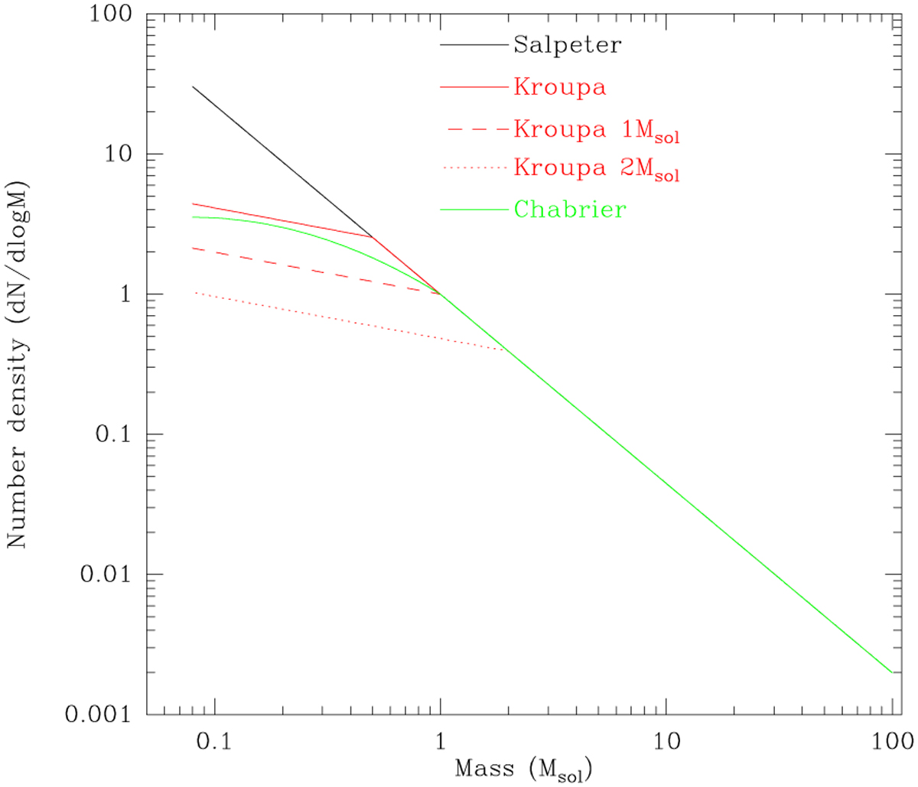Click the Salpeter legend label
[x=567, y=45]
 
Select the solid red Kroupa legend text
[x=559, y=87]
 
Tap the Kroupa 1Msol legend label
[x=596, y=130]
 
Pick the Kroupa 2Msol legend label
[x=596, y=168]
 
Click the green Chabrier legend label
[x=570, y=210]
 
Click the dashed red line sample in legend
[x=477, y=130]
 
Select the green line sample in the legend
[x=474, y=210]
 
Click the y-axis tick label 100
[x=110, y=15]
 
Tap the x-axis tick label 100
[x=891, y=742]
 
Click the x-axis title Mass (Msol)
[x=523, y=769]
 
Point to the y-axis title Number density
[x=17, y=365]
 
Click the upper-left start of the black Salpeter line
[x=193, y=87]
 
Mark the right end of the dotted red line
[x=505, y=350]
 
